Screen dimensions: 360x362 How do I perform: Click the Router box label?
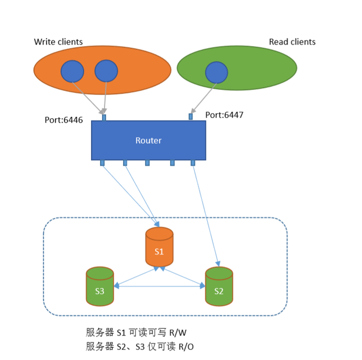tap(148, 140)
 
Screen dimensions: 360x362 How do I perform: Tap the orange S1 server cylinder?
tap(159, 247)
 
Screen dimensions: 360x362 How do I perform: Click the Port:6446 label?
tap(64, 121)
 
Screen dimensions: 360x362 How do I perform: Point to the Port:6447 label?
tap(224, 115)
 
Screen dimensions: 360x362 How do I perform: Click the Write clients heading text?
tap(58, 41)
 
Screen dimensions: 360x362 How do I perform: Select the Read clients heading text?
tap(292, 42)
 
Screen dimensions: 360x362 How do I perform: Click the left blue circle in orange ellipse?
tap(72, 71)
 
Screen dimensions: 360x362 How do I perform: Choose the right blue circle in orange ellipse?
tap(106, 71)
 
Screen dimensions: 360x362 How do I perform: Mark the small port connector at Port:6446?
tap(104, 118)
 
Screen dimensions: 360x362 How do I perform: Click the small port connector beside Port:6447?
tap(191, 117)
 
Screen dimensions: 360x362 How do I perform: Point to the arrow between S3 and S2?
tap(160, 287)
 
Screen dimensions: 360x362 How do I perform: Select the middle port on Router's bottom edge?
tap(147, 163)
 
